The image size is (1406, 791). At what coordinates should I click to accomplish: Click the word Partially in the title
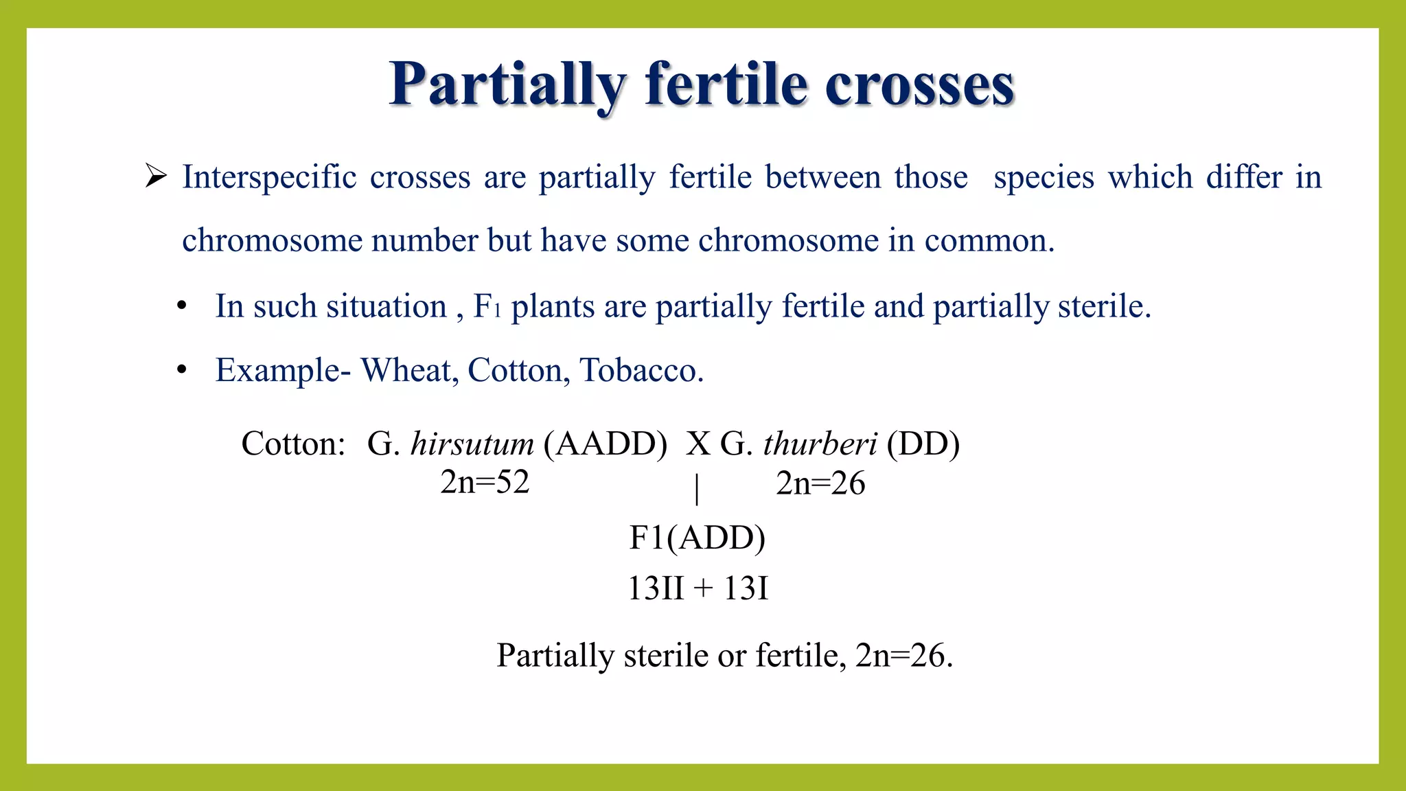[x=507, y=85]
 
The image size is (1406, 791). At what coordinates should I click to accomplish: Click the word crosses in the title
[x=919, y=85]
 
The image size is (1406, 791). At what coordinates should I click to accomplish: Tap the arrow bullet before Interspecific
[x=157, y=176]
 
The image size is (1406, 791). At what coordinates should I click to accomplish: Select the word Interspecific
[x=269, y=177]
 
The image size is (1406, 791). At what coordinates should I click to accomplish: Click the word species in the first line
[x=1044, y=177]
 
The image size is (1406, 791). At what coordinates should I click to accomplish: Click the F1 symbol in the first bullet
[x=487, y=306]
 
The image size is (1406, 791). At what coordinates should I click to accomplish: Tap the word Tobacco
[x=641, y=370]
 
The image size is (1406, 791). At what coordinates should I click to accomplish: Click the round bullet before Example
[x=182, y=370]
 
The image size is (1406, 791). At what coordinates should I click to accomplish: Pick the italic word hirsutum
[x=472, y=444]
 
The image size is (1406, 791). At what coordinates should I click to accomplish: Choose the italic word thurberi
[x=820, y=444]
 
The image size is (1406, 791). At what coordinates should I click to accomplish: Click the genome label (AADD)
[x=605, y=444]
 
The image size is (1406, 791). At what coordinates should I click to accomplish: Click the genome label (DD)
[x=923, y=444]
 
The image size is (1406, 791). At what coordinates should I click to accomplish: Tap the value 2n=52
[x=485, y=482]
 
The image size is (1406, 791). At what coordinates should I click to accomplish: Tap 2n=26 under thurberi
[x=820, y=483]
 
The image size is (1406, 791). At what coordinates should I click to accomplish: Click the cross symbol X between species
[x=698, y=444]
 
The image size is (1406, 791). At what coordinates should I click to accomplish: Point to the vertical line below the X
[x=698, y=489]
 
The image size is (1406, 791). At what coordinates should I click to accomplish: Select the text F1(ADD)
[x=698, y=538]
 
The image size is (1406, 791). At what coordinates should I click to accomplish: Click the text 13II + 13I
[x=698, y=588]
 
